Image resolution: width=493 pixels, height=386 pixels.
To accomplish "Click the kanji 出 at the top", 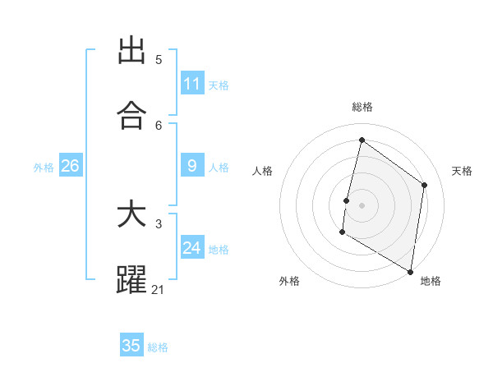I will coord(131,51).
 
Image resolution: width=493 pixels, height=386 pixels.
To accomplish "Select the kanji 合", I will coord(131,116).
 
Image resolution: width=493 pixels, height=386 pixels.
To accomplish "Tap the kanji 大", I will coord(131,215).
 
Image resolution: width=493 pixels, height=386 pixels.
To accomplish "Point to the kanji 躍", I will coord(131,280).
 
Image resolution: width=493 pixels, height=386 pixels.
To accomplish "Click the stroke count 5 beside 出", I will coord(159,60).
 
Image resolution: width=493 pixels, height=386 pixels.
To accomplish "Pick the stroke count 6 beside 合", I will coord(159,125).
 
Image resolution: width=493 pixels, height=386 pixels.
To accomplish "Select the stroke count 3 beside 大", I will coord(159,224).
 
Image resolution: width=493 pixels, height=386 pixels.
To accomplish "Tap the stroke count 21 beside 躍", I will coord(159,289).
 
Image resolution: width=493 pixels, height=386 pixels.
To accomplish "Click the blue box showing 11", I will coord(192,84).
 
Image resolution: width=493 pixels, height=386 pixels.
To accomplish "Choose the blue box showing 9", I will coord(192,166).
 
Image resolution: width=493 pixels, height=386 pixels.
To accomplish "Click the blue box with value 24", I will coord(192,248).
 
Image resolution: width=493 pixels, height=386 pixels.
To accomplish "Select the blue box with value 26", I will coord(70,166).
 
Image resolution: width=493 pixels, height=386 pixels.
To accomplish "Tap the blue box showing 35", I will coord(131,346).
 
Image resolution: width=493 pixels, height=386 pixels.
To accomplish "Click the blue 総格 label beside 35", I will coord(158,347).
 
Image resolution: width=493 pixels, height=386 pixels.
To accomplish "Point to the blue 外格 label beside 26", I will coord(44,168).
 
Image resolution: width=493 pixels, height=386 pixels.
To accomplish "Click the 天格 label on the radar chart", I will coord(462,171).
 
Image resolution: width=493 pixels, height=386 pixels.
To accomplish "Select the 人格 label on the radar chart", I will coord(262,171).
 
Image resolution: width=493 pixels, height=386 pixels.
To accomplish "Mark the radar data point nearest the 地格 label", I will coord(410,271).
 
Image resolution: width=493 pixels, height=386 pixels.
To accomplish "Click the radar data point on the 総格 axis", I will coord(362,140).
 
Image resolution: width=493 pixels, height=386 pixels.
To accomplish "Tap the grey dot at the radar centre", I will coord(362,204).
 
